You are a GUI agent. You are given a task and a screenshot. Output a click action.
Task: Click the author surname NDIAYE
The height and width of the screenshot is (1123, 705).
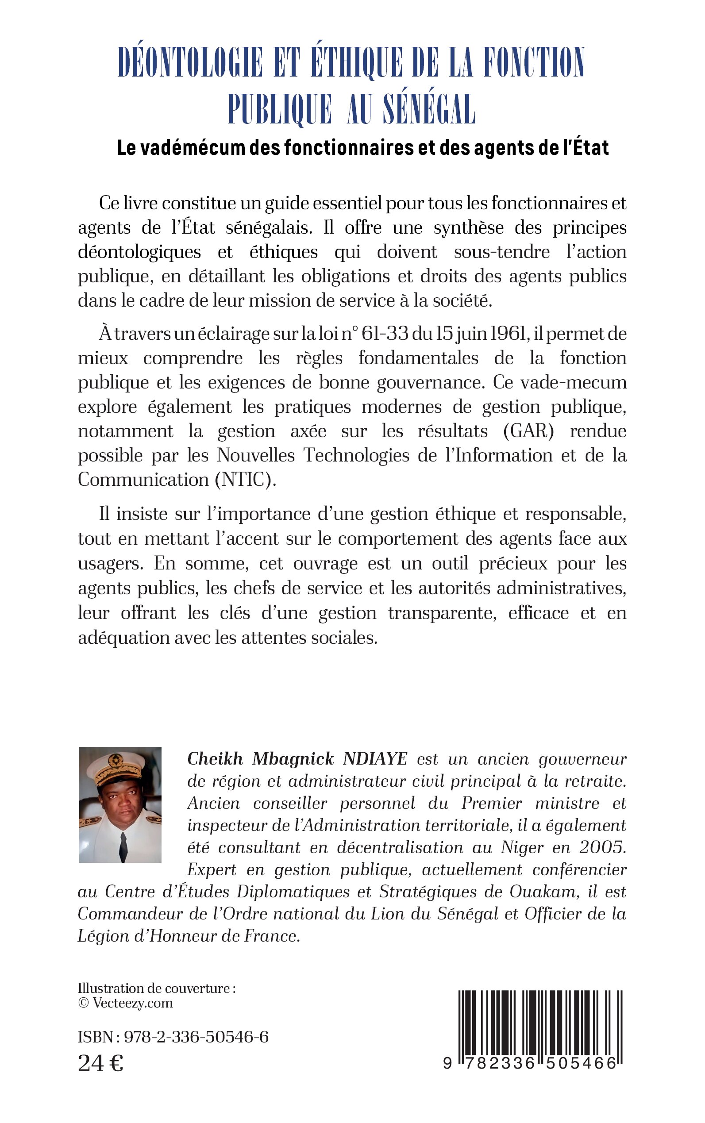point(375,759)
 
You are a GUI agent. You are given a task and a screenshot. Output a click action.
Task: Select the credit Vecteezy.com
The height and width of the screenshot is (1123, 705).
point(132,1003)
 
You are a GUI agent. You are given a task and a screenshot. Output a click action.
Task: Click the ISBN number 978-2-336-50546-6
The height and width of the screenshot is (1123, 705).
point(195,1037)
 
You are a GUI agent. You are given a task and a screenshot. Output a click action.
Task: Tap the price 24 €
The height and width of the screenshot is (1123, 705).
point(100,1063)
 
